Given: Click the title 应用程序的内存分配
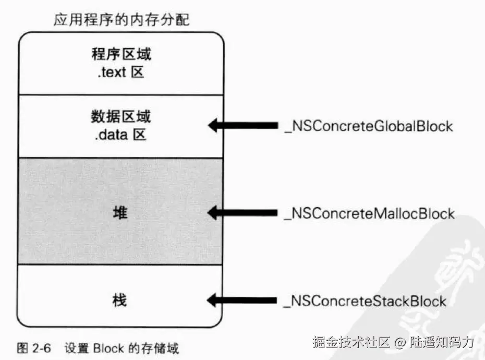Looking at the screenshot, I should (x=122, y=21).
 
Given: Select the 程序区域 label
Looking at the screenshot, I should (x=121, y=54).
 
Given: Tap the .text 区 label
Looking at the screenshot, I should (x=120, y=72).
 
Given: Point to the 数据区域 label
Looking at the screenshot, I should (x=121, y=116).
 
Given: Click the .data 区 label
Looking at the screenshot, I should (x=121, y=135).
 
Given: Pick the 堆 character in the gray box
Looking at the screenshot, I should (x=120, y=213).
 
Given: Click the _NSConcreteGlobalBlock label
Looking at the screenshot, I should (x=368, y=126).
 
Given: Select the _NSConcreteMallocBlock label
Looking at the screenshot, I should (x=369, y=213).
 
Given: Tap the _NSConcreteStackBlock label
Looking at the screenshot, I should (x=365, y=301).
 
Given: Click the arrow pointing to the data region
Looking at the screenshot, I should (x=242, y=126).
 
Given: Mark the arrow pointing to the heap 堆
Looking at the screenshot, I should (x=242, y=213).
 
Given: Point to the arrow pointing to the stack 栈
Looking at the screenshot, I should (x=242, y=300).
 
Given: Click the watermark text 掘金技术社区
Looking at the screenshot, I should (x=351, y=342).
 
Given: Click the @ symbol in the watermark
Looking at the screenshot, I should (x=399, y=343).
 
